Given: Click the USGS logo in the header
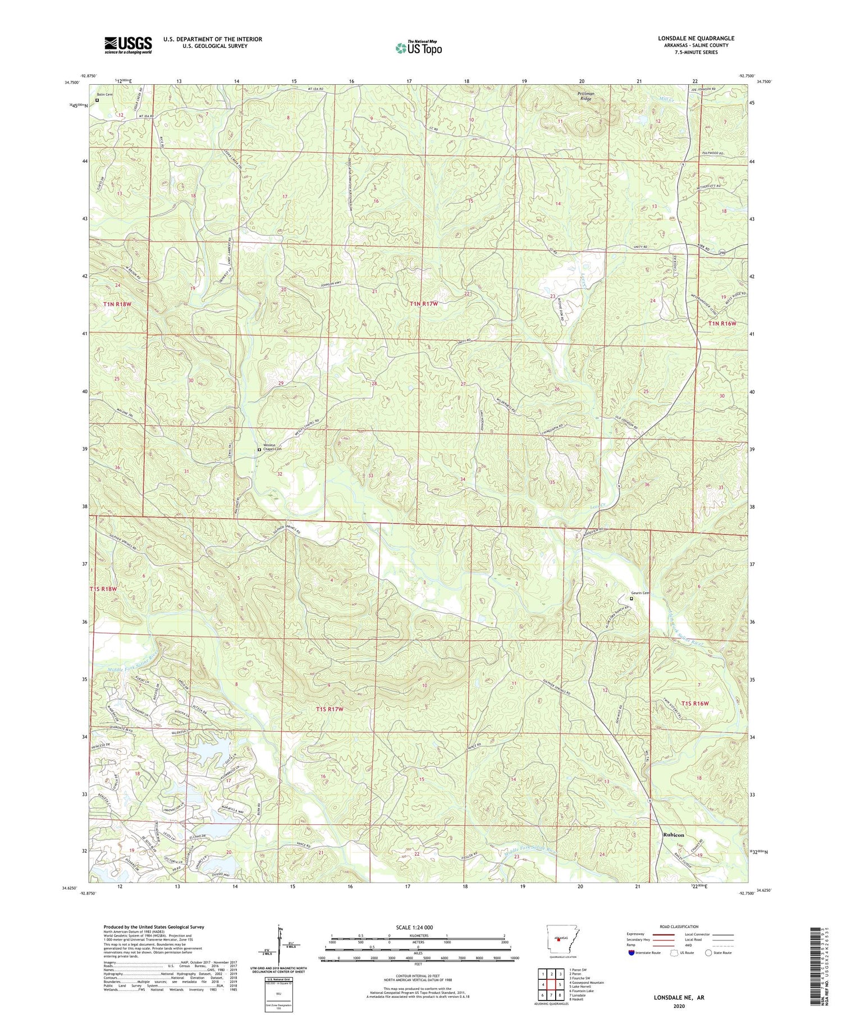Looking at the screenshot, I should [x=128, y=45].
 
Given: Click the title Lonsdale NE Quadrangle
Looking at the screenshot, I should [x=696, y=38].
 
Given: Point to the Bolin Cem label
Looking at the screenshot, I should [x=104, y=94].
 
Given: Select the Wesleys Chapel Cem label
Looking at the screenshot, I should [x=272, y=454].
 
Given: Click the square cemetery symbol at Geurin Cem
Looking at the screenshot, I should [x=631, y=599].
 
